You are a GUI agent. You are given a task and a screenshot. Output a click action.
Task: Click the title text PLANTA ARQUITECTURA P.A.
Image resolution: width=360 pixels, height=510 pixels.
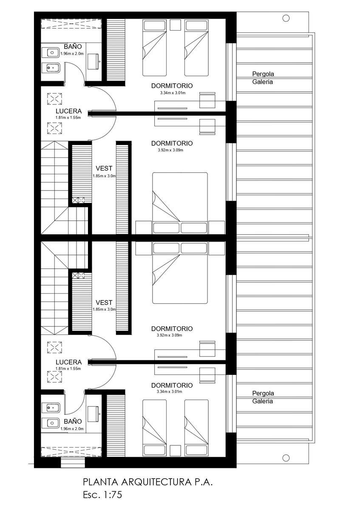pyautogui.click(x=147, y=482)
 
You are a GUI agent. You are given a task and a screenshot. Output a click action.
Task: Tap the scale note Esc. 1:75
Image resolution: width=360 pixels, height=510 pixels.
pyautogui.click(x=102, y=495)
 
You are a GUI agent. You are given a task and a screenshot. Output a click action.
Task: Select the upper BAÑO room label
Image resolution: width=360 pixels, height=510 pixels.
pyautogui.click(x=73, y=46)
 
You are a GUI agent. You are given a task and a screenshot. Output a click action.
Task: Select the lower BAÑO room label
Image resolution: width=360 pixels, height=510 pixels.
pyautogui.click(x=73, y=421)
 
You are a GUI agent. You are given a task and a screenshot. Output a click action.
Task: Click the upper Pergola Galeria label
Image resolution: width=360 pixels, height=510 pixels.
pyautogui.click(x=263, y=78)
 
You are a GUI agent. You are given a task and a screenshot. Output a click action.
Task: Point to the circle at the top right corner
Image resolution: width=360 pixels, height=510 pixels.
pyautogui.click(x=286, y=18)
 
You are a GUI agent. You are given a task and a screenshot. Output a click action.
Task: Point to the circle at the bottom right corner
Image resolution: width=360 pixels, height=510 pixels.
pyautogui.click(x=286, y=458)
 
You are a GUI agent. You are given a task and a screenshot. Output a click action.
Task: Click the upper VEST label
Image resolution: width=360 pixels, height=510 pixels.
pyautogui.click(x=104, y=168)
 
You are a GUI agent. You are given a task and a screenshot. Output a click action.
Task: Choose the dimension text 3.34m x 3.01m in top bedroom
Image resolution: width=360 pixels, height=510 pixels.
pyautogui.click(x=173, y=93)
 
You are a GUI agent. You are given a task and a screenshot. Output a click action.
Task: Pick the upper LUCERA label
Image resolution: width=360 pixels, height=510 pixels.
pyautogui.click(x=68, y=111)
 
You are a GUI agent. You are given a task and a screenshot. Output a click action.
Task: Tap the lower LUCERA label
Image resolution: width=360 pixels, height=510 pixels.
pyautogui.click(x=68, y=362)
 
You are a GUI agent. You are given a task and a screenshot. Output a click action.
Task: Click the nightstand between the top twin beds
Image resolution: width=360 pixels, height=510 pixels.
pyautogui.click(x=176, y=25)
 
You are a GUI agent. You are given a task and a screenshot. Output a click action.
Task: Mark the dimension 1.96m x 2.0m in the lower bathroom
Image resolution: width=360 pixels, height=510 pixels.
pyautogui.click(x=72, y=429)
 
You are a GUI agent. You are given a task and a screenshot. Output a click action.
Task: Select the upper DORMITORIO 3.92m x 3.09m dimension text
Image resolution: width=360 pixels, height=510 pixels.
pyautogui.click(x=170, y=150)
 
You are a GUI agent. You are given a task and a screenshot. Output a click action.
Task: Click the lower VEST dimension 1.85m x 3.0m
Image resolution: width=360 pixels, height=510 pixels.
pyautogui.click(x=104, y=309)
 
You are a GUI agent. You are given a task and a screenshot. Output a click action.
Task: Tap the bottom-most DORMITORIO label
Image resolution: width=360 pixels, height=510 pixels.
pyautogui.click(x=172, y=385)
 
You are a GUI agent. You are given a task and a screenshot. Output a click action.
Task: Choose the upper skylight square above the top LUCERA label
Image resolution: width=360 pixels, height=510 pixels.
pyautogui.click(x=54, y=99)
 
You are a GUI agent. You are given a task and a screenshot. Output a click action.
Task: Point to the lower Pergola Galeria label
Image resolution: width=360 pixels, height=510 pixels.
pyautogui.click(x=263, y=397)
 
